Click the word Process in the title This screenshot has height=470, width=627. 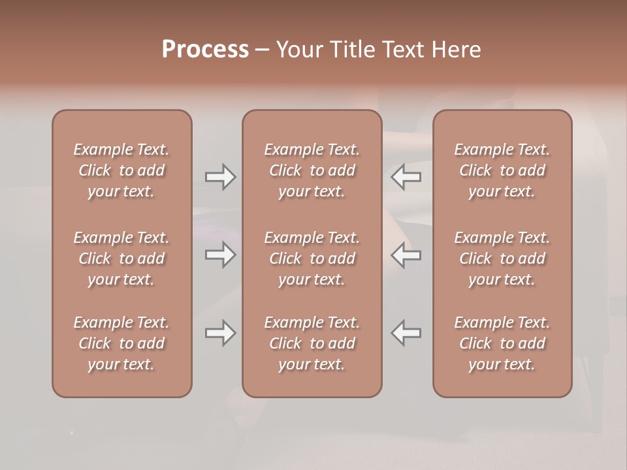click(x=205, y=50)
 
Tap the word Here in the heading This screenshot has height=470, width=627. click(x=456, y=50)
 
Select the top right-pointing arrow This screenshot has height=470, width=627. click(x=221, y=177)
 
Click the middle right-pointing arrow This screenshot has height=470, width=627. click(x=221, y=255)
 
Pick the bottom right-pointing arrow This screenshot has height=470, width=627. click(x=221, y=333)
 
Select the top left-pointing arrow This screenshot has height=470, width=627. click(x=406, y=177)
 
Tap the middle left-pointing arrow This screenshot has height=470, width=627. click(x=406, y=255)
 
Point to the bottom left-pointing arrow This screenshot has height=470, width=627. click(x=406, y=333)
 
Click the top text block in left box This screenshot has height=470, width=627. click(x=121, y=170)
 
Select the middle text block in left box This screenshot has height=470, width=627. click(x=121, y=258)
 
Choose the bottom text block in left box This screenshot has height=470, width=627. click(x=121, y=343)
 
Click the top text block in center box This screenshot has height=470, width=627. click(x=312, y=170)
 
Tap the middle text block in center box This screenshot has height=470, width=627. click(x=312, y=258)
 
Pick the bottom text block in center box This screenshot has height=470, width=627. click(x=312, y=343)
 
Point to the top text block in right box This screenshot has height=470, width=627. click(x=502, y=170)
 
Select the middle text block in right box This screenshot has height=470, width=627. click(x=502, y=258)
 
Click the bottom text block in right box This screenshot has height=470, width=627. click(x=502, y=343)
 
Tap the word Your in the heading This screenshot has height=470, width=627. click(x=298, y=50)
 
